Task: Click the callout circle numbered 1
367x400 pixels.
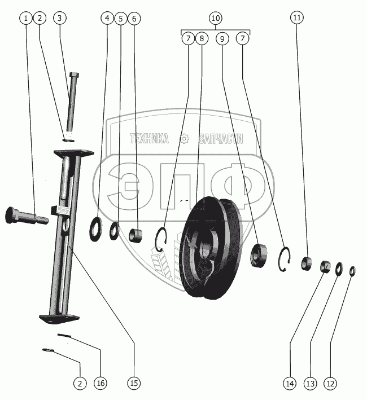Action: (x=25, y=18)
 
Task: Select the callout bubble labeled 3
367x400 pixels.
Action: (x=61, y=18)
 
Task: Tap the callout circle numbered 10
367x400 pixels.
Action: (x=215, y=18)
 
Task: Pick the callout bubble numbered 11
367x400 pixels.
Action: (x=298, y=18)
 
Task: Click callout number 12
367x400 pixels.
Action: (x=330, y=384)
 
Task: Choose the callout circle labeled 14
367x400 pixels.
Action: (x=290, y=384)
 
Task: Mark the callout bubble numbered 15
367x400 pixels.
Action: (x=134, y=384)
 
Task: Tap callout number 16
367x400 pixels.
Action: (x=101, y=384)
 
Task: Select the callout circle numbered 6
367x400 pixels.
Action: (x=134, y=18)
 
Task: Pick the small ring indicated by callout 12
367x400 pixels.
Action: (x=352, y=271)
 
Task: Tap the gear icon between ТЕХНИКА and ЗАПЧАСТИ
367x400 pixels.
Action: (x=183, y=139)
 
